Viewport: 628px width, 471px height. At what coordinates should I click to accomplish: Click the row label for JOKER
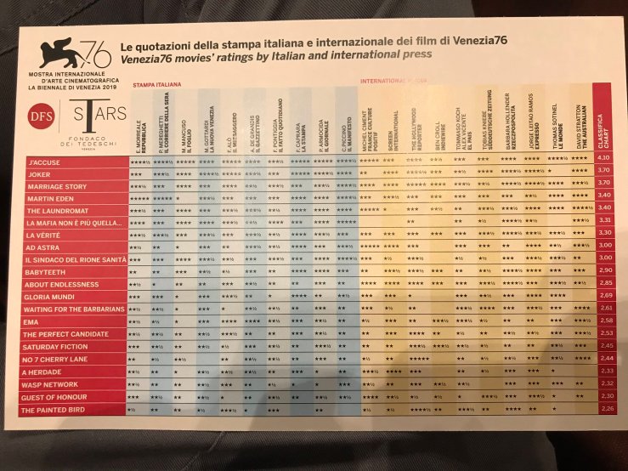[x=37, y=171]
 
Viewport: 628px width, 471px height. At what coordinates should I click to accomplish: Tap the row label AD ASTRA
[x=42, y=246]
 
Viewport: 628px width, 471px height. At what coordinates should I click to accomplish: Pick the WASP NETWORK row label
[x=50, y=384]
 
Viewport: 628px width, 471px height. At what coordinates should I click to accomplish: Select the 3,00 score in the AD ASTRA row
[x=604, y=245]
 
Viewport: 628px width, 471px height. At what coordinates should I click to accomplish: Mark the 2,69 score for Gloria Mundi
[x=605, y=294]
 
